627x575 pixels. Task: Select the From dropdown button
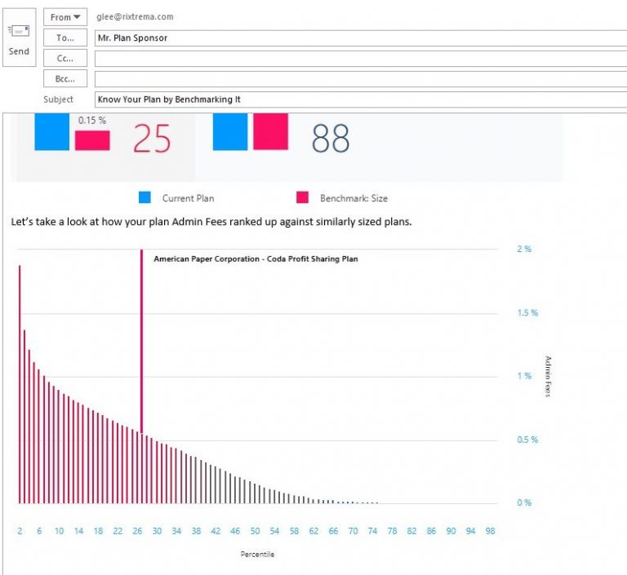65,17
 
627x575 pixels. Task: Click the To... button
65,38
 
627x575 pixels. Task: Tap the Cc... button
65,58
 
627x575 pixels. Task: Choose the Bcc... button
65,79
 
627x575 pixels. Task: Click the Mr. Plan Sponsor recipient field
132,38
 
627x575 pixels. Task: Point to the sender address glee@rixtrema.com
135,16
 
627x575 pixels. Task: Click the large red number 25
152,139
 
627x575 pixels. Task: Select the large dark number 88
331,139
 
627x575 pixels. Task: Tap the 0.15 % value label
92,121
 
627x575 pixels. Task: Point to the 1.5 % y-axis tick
527,313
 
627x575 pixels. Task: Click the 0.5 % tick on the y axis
527,440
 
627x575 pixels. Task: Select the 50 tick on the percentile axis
255,531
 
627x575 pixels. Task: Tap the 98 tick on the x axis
490,531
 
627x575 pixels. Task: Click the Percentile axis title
257,555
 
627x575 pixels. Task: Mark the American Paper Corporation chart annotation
256,259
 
